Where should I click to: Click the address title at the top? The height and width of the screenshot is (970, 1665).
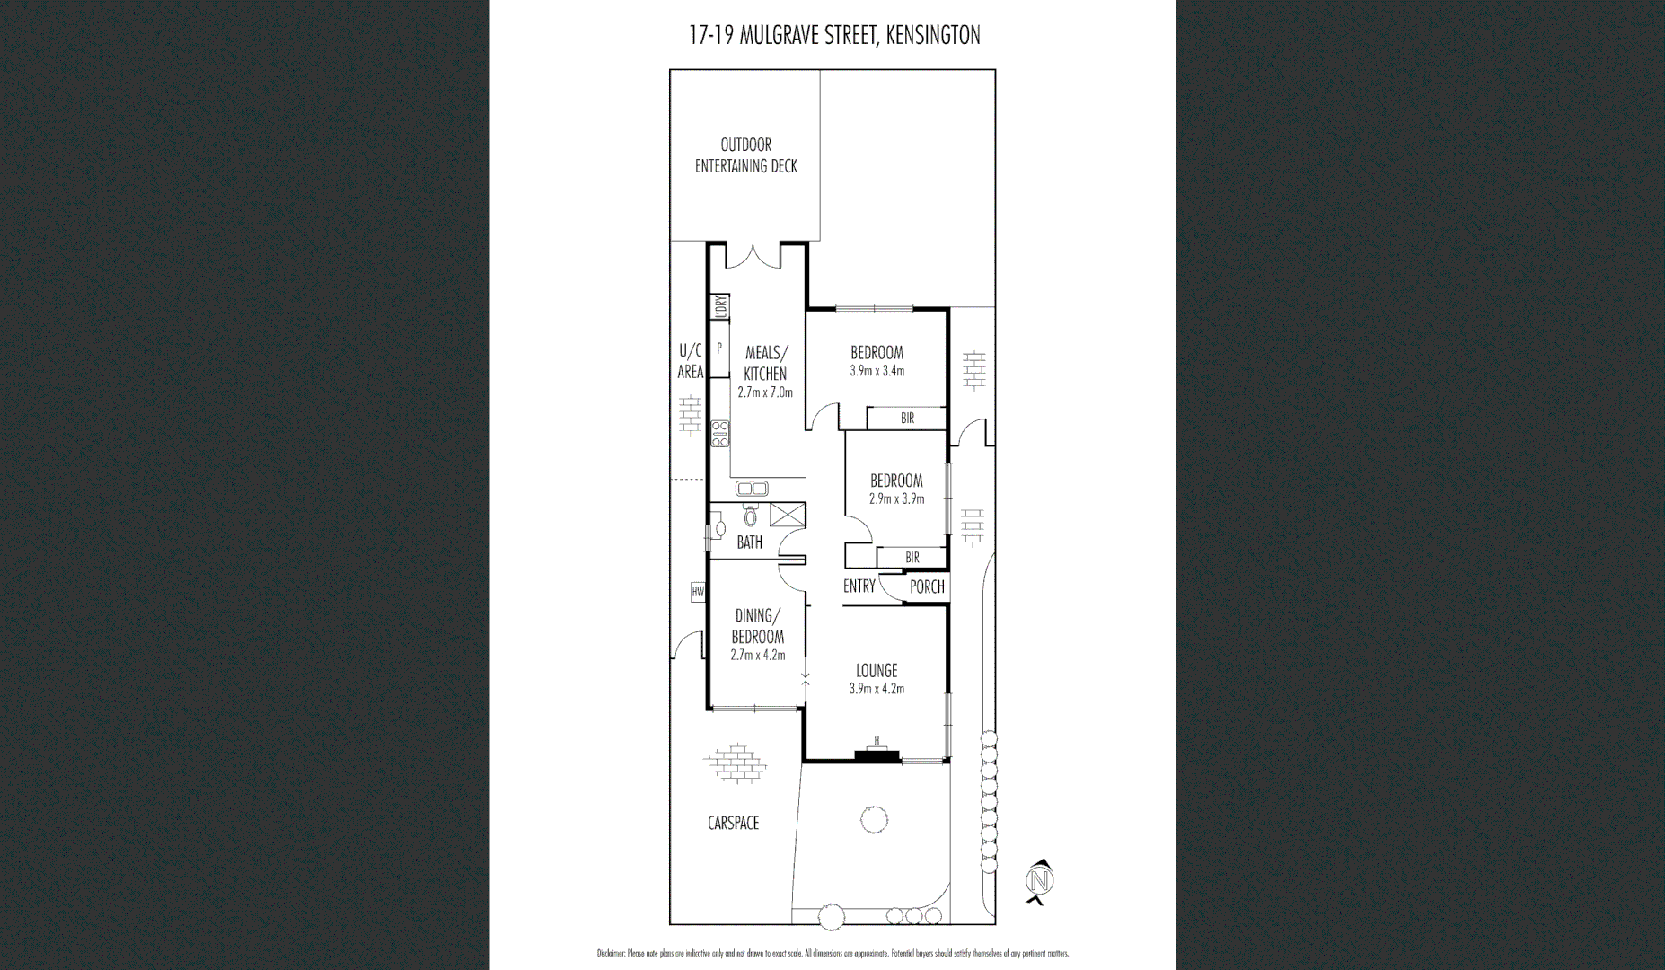833,35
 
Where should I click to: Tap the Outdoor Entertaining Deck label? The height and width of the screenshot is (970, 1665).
745,155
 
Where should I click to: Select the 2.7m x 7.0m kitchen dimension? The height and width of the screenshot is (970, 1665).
765,392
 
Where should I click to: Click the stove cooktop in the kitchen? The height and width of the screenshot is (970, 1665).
719,434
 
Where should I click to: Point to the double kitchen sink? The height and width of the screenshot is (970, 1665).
751,489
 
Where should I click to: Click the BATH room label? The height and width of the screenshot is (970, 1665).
749,542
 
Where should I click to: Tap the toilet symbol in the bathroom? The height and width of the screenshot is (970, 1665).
751,516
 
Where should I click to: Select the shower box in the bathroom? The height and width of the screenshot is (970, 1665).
787,516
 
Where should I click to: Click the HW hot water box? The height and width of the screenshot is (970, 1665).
698,592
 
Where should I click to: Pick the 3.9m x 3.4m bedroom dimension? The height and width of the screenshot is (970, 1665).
877,371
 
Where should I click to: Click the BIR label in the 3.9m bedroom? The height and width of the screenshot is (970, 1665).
906,419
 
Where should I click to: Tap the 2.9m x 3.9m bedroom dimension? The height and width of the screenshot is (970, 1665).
896,498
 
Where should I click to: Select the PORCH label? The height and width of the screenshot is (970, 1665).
927,586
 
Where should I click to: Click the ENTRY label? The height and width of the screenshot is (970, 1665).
859,586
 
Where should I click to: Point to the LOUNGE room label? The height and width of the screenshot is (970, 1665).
876,670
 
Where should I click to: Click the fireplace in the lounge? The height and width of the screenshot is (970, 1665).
877,755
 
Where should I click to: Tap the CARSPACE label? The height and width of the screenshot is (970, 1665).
733,823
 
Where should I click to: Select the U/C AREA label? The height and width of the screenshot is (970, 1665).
690,361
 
